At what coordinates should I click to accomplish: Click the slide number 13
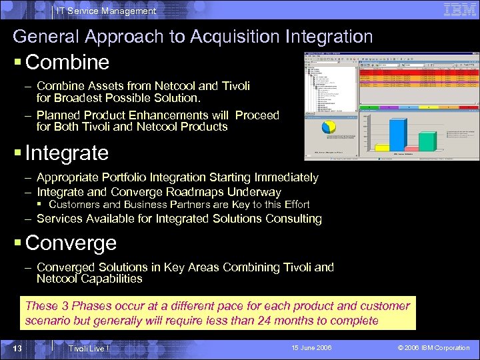pos(19,348)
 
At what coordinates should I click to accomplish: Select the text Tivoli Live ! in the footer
pos(89,349)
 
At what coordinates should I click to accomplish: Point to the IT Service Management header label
pos(107,11)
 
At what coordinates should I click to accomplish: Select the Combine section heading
pos(67,63)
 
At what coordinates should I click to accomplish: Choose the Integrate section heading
pos(67,153)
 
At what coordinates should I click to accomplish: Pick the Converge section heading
pos(71,243)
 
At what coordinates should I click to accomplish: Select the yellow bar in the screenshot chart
pos(382,148)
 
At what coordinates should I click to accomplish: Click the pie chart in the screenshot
pos(329,127)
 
